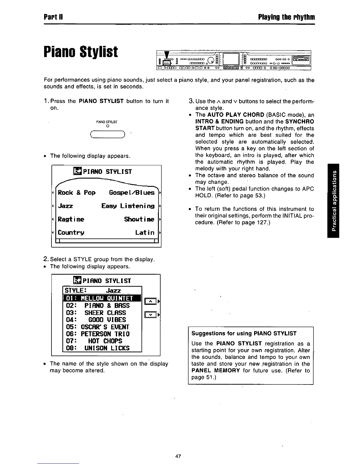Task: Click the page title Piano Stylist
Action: point(81,52)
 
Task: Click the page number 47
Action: point(178,456)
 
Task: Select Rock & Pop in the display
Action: point(77,193)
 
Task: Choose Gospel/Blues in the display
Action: point(131,193)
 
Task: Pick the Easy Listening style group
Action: point(128,206)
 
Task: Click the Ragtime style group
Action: point(71,219)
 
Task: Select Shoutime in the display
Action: point(139,219)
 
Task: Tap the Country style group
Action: point(72,232)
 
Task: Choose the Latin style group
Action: point(145,232)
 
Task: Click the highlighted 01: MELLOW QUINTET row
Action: point(102,299)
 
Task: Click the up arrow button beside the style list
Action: point(150,301)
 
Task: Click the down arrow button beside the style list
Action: point(150,315)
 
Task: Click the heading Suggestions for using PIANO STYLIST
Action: point(244,333)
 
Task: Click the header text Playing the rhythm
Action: point(286,17)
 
